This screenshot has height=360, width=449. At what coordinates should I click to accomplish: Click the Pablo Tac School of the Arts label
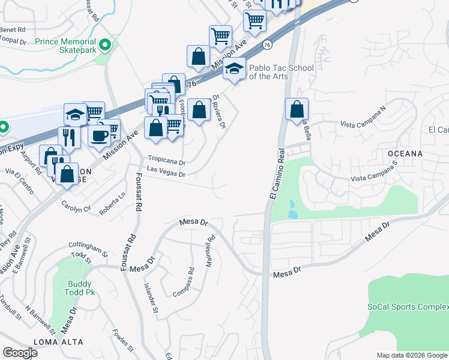pyautogui.click(x=282, y=72)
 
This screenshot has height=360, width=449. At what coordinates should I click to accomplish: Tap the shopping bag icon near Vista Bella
pyautogui.click(x=297, y=110)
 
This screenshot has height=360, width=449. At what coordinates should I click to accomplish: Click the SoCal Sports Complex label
pyautogui.click(x=408, y=307)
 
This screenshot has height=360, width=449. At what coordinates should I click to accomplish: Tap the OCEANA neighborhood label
pyautogui.click(x=405, y=154)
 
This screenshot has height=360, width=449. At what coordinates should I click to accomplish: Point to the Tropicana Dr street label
pyautogui.click(x=166, y=162)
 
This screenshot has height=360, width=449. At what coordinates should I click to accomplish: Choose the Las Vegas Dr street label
pyautogui.click(x=166, y=174)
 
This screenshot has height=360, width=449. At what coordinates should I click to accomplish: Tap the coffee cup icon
pyautogui.click(x=98, y=135)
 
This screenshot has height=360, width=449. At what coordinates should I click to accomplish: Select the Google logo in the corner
pyautogui.click(x=20, y=353)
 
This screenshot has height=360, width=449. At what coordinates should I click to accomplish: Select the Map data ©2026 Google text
pyautogui.click(x=412, y=355)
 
